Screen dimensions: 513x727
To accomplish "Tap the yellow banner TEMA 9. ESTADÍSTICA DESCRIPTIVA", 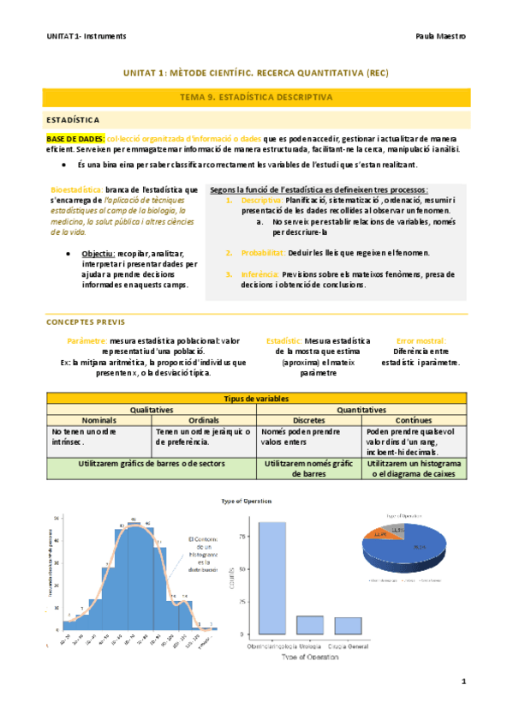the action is [256, 98].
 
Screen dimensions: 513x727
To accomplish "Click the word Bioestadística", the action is [81, 189].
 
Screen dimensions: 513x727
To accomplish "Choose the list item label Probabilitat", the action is [257, 253].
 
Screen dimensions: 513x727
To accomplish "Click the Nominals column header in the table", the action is [98, 421].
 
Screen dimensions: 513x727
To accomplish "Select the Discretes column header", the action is [307, 421].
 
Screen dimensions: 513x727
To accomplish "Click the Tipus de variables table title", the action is [256, 400].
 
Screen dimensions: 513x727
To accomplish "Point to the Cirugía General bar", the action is [348, 625].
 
